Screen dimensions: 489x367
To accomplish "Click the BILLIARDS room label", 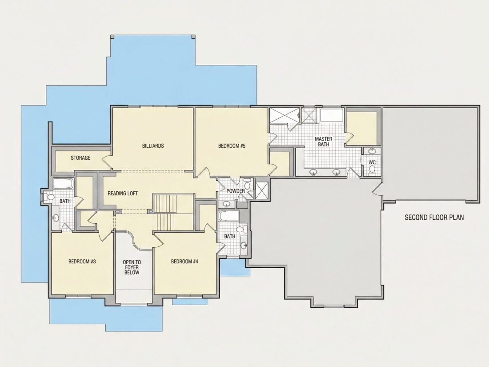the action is (153, 146).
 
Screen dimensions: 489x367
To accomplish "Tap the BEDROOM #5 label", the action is (232, 146).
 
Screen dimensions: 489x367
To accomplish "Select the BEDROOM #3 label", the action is (82, 262).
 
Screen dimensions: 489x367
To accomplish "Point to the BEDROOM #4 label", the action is (184, 262).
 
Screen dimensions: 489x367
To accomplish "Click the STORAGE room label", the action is (80, 158).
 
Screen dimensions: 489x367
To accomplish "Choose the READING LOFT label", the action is (123, 194).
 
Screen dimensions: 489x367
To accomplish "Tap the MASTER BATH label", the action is (323, 141).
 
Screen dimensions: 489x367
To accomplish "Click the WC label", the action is (372, 162).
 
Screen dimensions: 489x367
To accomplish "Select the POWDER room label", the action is (236, 191).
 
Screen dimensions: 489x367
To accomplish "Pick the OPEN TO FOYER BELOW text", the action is (132, 267).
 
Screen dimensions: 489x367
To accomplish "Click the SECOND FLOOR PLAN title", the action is (434, 217).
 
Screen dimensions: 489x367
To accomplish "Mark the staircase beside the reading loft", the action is (165, 212).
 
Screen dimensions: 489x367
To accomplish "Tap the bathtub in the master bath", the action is (332, 116).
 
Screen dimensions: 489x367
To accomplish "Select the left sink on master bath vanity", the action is (313, 172).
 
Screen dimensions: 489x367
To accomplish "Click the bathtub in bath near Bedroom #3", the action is (64, 183).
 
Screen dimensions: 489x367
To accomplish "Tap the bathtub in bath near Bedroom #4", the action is (229, 216).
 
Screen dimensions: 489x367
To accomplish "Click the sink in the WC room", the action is (372, 151).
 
